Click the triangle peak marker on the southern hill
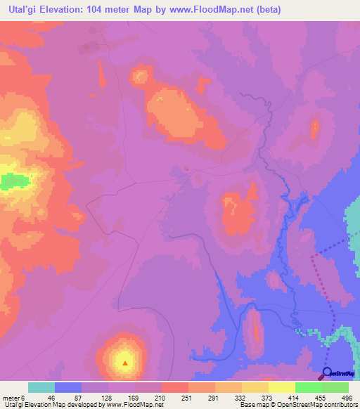pos(125,363)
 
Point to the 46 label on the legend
pos(51,398)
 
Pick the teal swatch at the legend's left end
pos(41,387)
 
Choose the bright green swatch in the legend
pos(308,387)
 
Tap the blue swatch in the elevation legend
pos(67,387)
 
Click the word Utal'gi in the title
pos(20,8)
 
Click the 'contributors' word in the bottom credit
pos(338,405)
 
